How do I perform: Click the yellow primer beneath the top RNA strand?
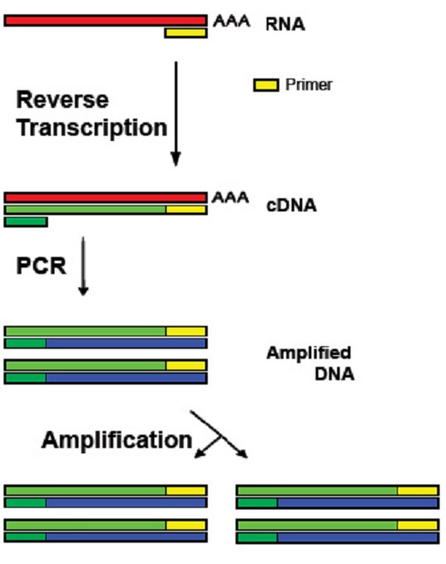[186, 33]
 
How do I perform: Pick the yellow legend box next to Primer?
[266, 86]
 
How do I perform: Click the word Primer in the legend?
[309, 86]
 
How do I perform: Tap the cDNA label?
[291, 204]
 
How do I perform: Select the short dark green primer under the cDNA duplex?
[26, 221]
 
